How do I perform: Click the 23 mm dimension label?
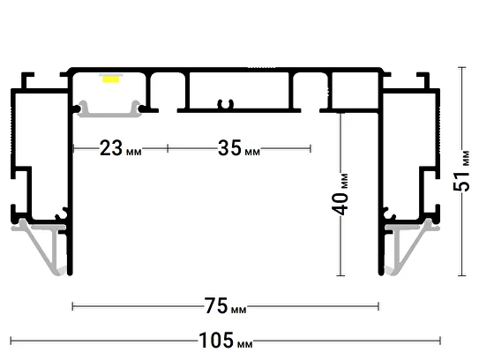(x=121, y=148)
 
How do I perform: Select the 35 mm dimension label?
(x=239, y=148)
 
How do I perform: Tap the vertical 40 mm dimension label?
(x=341, y=194)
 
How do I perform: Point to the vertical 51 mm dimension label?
(x=461, y=171)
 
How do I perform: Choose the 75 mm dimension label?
(x=225, y=306)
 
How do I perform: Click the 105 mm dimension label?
(x=225, y=341)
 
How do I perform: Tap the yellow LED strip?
(x=111, y=79)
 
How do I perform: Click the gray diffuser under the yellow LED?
(x=109, y=109)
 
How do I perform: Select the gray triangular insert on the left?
(x=41, y=245)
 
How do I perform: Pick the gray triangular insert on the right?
(x=411, y=245)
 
